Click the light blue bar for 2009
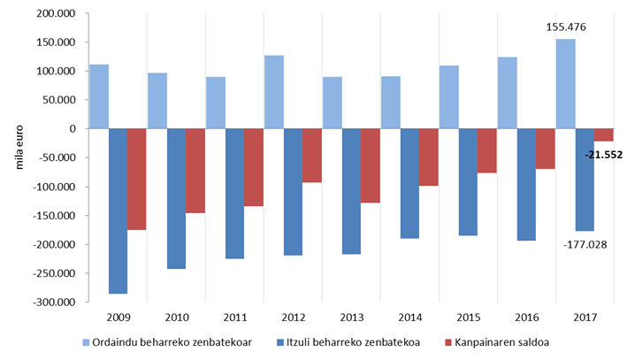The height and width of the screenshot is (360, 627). pyautogui.click(x=99, y=96)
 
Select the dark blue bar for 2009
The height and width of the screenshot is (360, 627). pyautogui.click(x=118, y=211)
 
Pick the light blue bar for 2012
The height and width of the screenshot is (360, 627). pyautogui.click(x=274, y=92)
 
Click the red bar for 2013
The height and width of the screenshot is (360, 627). pyautogui.click(x=370, y=165)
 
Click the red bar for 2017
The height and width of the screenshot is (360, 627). pyautogui.click(x=604, y=134)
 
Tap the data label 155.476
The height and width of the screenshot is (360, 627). pyautogui.click(x=566, y=27)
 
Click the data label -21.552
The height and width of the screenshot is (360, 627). pyautogui.click(x=604, y=155)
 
